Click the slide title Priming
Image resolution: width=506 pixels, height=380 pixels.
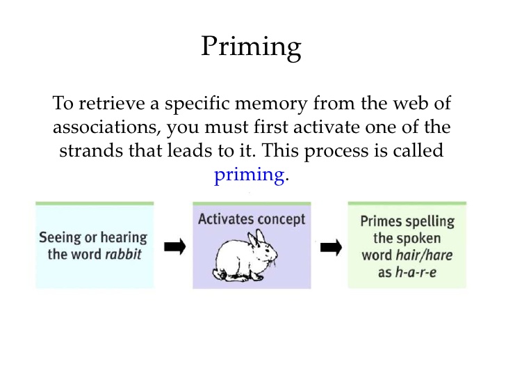tap(251, 47)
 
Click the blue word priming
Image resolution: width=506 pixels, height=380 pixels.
tap(250, 175)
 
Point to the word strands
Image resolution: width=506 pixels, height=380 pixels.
tap(91, 150)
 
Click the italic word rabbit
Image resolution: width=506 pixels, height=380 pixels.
tap(123, 254)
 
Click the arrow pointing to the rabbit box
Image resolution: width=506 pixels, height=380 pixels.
tap(175, 247)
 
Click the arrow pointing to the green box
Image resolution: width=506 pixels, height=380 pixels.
tap(331, 248)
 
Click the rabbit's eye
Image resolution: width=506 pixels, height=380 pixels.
tap(267, 251)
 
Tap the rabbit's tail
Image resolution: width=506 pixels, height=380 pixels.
tap(217, 274)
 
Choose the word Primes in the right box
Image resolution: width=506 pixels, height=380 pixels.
tap(381, 221)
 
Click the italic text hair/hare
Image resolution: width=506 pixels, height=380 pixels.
tap(424, 255)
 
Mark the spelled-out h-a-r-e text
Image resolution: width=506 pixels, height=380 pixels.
tap(416, 272)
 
